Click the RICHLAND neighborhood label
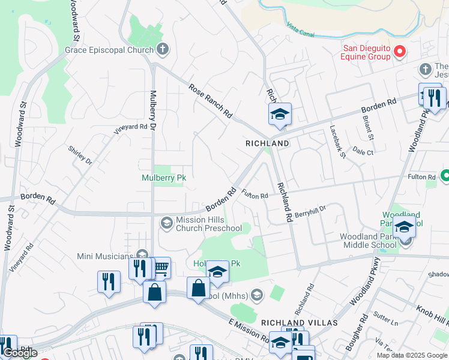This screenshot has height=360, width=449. [x=267, y=144]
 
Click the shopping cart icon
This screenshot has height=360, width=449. [x=160, y=268]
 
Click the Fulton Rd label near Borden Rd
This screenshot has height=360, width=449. [x=255, y=196]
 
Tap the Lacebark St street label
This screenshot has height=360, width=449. [x=338, y=142]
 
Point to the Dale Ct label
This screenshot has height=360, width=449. [x=363, y=151]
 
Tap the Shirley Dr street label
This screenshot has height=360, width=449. [x=80, y=155]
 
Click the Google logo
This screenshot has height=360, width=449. [x=20, y=353]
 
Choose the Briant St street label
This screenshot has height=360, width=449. [x=368, y=128]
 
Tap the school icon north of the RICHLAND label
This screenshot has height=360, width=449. [x=280, y=114]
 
